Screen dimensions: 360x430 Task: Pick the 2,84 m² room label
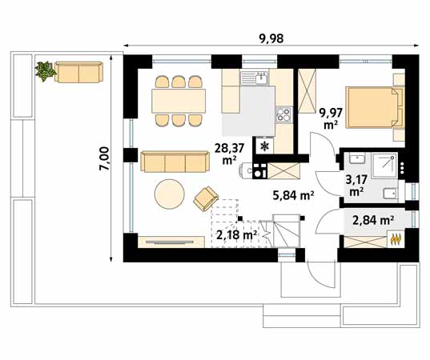(x=373, y=219)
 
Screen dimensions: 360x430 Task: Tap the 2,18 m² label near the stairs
(x=236, y=235)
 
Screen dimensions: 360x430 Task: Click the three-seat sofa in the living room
(x=174, y=162)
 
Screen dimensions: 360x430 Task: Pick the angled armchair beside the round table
(x=207, y=196)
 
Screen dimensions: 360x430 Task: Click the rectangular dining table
(x=178, y=101)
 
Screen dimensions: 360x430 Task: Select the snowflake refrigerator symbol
(x=263, y=147)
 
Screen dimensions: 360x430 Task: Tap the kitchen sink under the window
(x=259, y=77)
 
